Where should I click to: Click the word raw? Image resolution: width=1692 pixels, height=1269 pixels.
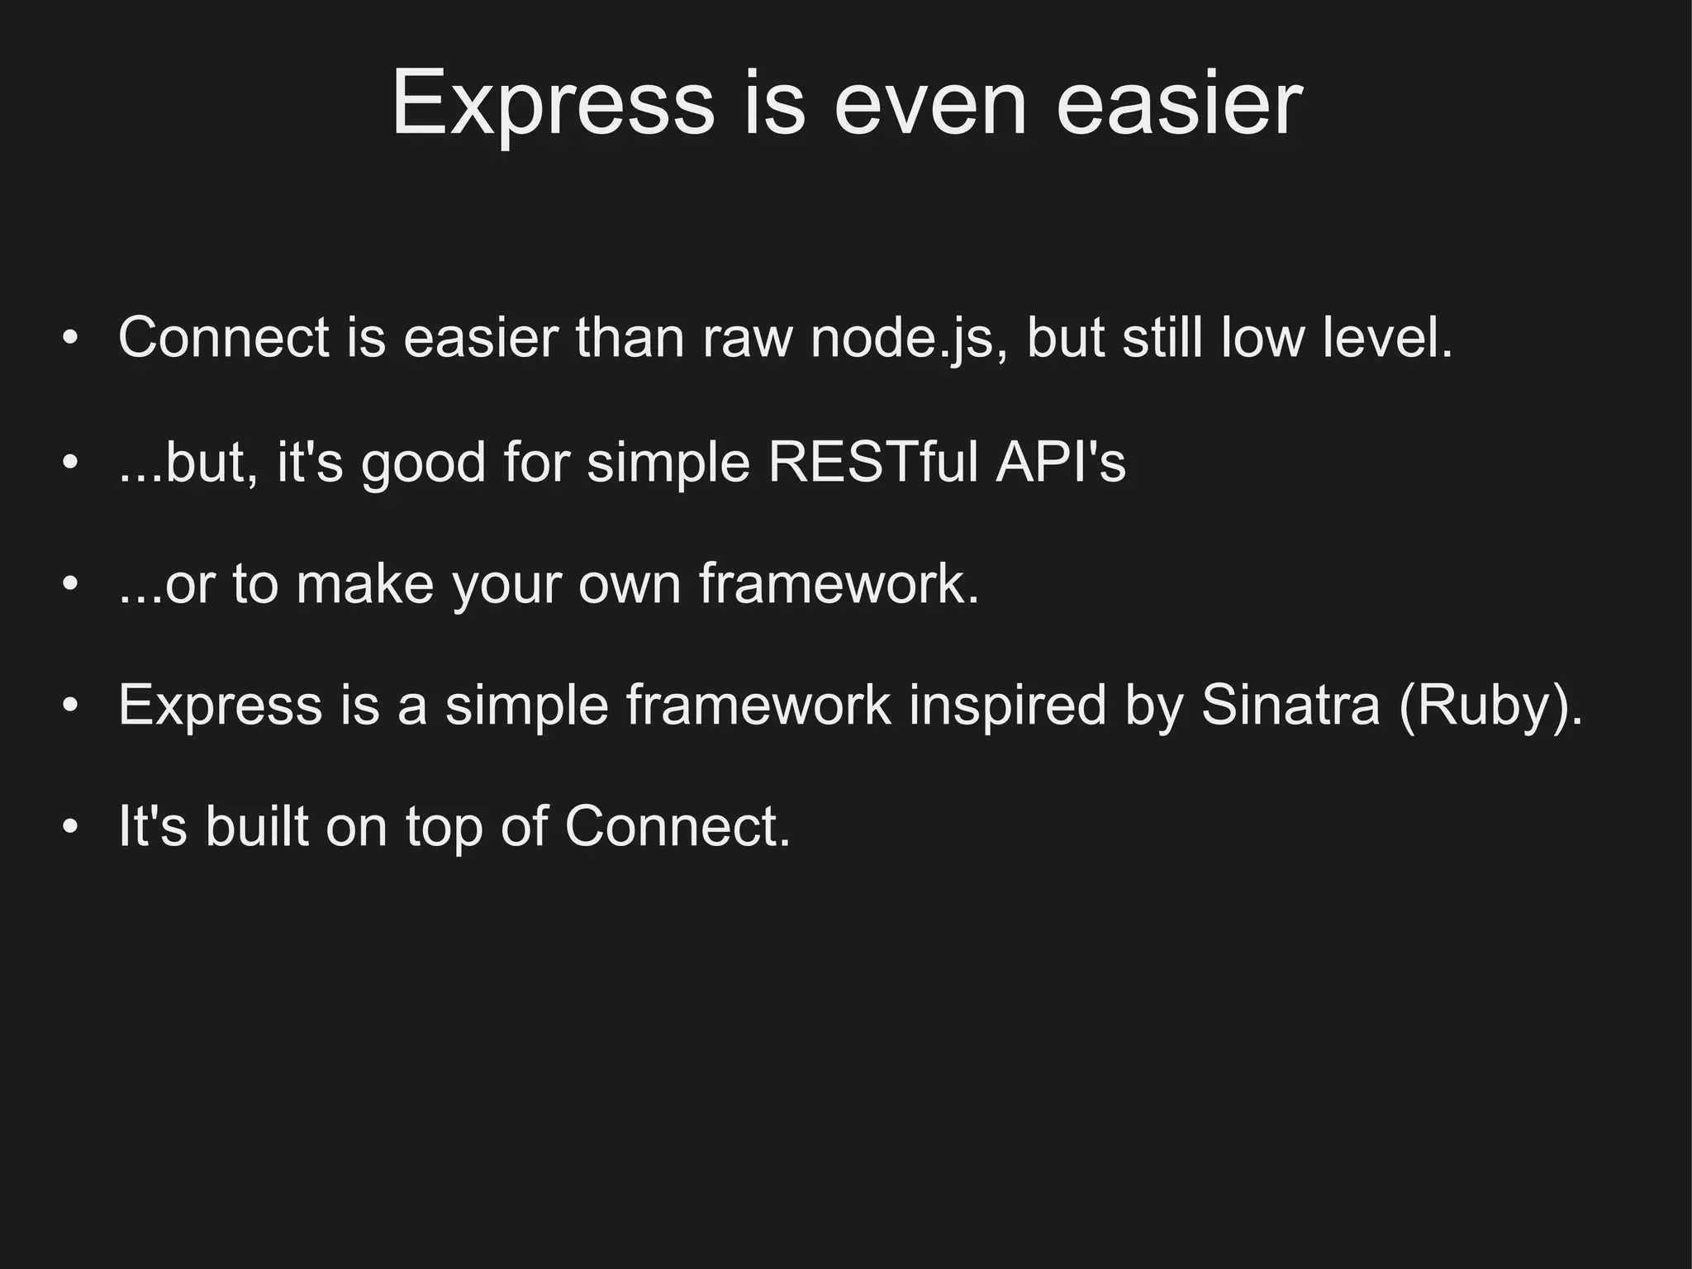click(747, 338)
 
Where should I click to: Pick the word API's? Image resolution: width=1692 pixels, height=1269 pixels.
click(1061, 462)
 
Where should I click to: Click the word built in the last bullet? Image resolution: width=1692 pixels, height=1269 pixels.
click(256, 825)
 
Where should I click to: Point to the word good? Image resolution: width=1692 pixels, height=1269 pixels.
click(423, 463)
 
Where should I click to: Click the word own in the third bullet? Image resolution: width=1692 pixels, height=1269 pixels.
click(629, 584)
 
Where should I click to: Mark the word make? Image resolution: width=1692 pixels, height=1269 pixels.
click(364, 584)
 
